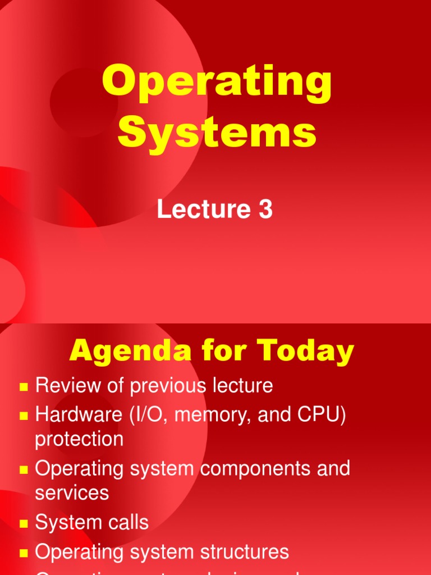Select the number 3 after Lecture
click(x=265, y=209)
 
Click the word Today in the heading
click(x=302, y=352)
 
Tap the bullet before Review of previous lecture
click(x=24, y=386)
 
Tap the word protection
click(x=79, y=439)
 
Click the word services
click(x=72, y=492)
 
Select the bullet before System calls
click(x=24, y=523)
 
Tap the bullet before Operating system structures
click(x=24, y=553)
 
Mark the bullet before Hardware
click(x=24, y=416)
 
